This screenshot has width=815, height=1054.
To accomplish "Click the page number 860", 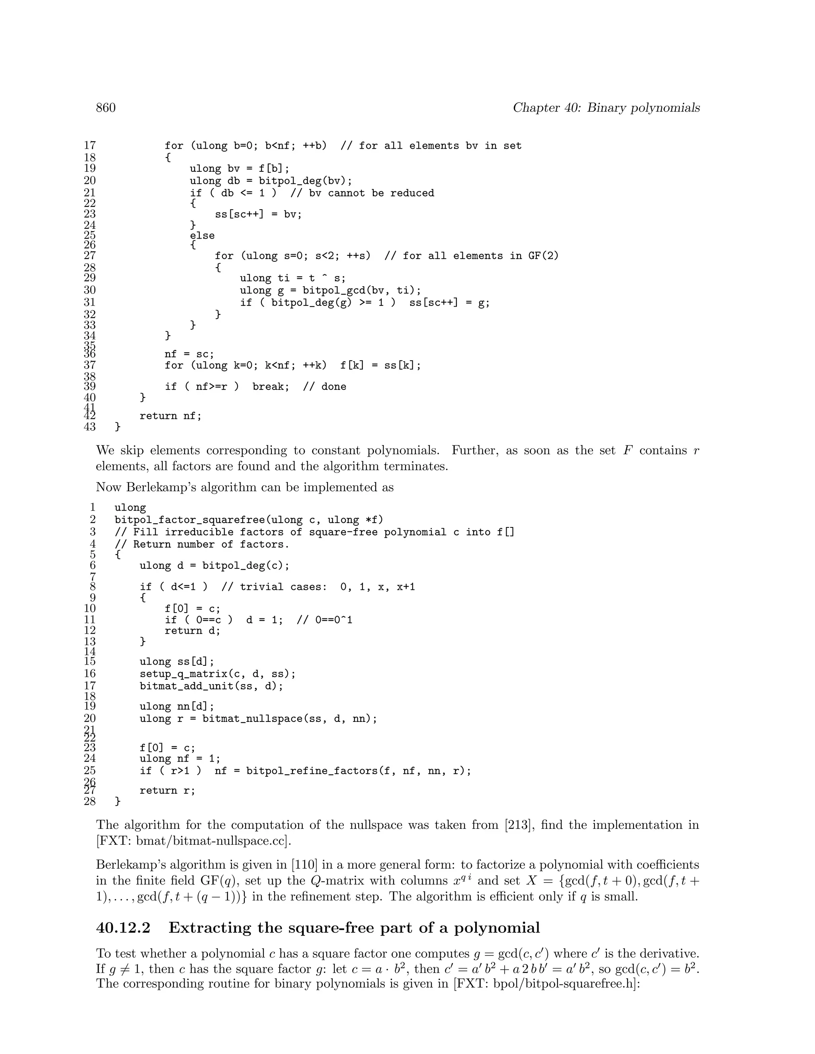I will [106, 108].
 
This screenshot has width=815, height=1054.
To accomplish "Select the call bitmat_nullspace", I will [249, 719].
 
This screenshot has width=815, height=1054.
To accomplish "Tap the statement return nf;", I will [170, 416].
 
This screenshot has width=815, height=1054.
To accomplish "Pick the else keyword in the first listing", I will [202, 236].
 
